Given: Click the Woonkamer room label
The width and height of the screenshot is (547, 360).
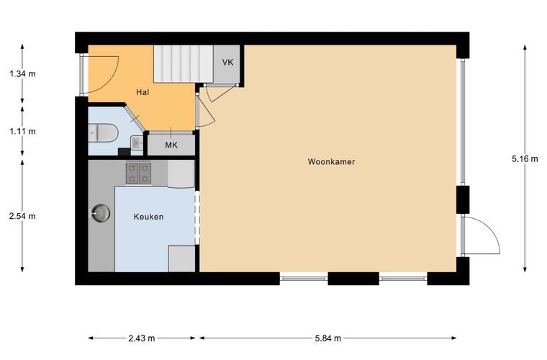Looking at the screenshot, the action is coord(331,161).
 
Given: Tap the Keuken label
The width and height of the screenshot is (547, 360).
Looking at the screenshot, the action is coord(148,217).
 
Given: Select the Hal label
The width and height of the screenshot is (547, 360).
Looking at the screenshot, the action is coord(143,92).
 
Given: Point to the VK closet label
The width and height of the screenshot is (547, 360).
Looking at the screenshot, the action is coord(228,63).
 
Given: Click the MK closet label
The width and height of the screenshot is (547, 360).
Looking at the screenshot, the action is coord(171,145).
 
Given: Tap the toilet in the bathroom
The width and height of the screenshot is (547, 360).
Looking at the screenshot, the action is coord(103,132).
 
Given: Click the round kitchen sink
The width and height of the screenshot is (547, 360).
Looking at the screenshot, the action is coord(101,212).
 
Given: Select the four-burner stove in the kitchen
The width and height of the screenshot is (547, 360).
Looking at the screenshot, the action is coord(138,174).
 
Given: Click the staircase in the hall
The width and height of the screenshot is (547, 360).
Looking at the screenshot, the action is coord(184,64).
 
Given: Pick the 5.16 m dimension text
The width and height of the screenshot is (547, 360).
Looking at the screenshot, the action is coord(525,158).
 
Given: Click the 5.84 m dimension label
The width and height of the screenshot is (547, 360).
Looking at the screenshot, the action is coord(328,338).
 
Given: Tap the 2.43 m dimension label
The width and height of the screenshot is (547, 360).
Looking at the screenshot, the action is coord(142,338).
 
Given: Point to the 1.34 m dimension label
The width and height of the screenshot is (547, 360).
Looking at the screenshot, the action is coord(22,73).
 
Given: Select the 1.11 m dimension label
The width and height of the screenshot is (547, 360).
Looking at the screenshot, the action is coord(22,131).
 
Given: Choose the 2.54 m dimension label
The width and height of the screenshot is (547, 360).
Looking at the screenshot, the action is coord(22,216).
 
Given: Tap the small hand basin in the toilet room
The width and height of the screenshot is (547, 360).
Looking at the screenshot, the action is coord(137,143).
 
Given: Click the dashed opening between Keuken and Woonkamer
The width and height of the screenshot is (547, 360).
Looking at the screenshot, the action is coord(197,217).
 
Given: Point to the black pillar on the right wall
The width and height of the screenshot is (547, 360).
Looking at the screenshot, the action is coord(463,199).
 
